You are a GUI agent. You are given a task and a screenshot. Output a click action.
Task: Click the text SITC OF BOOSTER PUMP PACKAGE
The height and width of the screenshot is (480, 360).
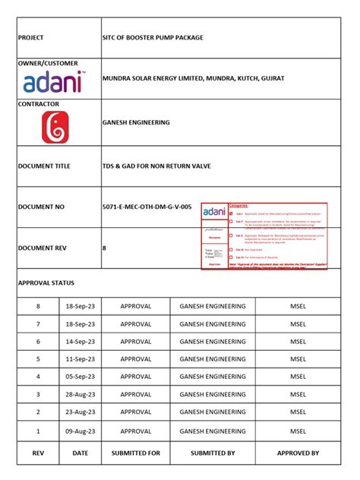153,37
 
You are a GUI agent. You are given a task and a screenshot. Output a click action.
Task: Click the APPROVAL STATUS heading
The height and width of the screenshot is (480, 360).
46,283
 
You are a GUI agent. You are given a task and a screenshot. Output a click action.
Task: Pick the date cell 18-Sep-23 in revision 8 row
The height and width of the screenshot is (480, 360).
80,306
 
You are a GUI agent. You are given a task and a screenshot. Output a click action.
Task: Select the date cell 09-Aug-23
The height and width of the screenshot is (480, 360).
80,431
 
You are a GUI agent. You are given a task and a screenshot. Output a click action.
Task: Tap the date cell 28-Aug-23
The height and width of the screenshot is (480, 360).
80,396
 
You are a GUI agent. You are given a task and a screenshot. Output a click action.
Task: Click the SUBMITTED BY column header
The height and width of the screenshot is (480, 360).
213,453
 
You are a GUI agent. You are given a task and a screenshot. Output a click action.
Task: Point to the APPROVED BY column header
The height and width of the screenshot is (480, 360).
298,453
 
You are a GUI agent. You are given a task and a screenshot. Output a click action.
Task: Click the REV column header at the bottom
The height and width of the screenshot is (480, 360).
38,453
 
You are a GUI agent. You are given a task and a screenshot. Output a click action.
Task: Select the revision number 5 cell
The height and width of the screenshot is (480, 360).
38,359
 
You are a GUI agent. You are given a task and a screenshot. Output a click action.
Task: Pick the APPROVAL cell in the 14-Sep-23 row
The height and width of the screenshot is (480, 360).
136,342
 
